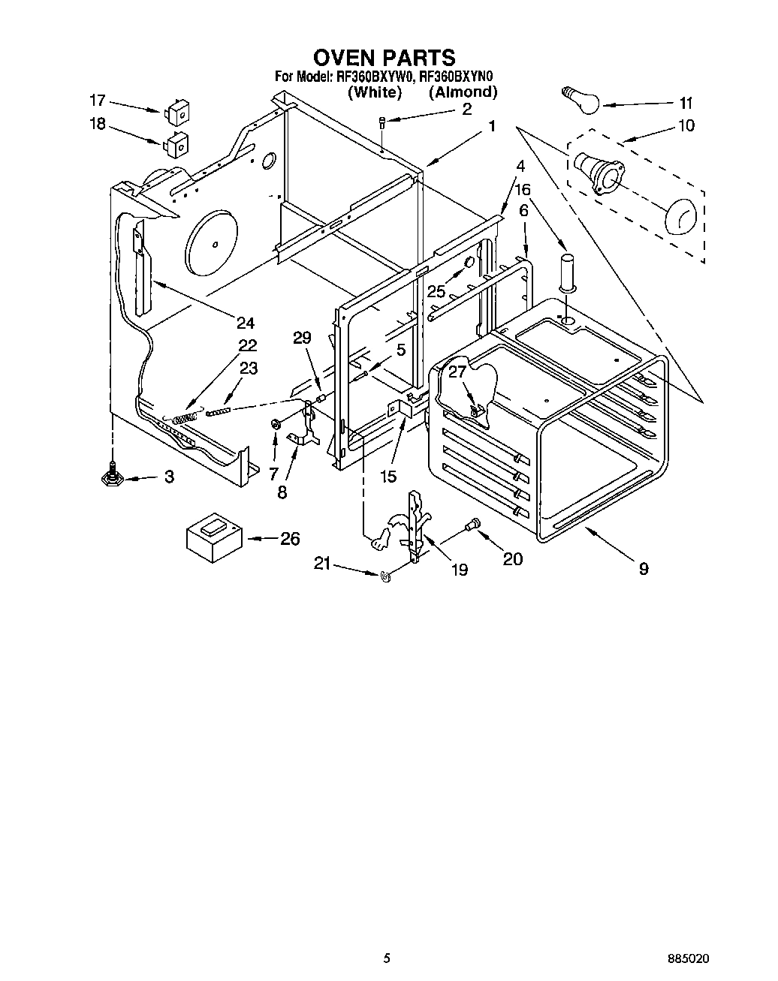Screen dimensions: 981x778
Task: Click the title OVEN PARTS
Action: tap(384, 57)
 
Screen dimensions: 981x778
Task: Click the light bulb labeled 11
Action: tap(580, 100)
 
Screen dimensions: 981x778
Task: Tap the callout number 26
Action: tap(289, 538)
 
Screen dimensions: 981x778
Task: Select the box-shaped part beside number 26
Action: tap(213, 535)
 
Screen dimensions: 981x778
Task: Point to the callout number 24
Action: tap(245, 323)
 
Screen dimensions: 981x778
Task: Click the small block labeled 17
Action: tap(177, 112)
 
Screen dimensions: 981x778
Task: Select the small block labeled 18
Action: tap(176, 143)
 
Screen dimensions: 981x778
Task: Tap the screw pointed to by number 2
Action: tap(382, 122)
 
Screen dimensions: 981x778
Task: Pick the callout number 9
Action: tap(643, 568)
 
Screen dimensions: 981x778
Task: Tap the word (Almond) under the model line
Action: tap(463, 92)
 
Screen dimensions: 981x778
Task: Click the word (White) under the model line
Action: tap(374, 92)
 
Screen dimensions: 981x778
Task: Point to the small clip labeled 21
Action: tap(387, 576)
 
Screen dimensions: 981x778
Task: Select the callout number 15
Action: tap(388, 477)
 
